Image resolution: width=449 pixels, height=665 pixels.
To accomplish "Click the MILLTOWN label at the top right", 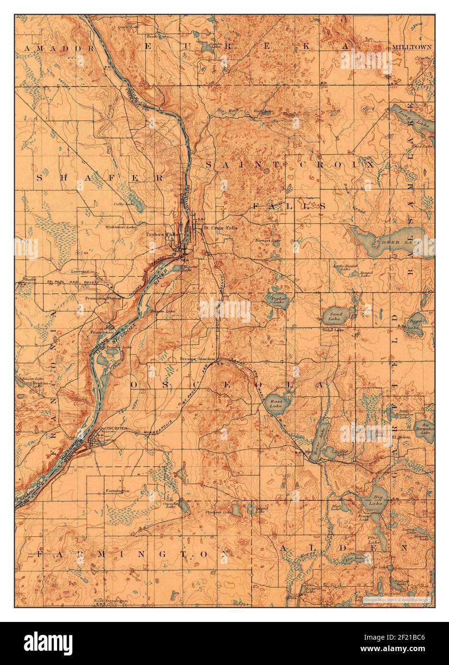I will (x=412, y=47).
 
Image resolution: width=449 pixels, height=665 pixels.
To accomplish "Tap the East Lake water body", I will (x=275, y=405).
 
